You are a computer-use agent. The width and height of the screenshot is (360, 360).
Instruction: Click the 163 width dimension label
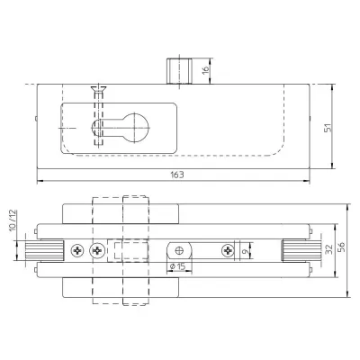pyautogui.click(x=177, y=175)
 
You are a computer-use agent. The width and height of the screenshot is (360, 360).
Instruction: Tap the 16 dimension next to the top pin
pyautogui.click(x=205, y=69)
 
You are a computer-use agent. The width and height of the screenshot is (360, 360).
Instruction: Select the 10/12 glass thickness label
pyautogui.click(x=13, y=220)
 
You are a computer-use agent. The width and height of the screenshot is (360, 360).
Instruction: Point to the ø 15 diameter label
pyautogui.click(x=177, y=266)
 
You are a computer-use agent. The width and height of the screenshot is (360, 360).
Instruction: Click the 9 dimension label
pyautogui.click(x=246, y=252)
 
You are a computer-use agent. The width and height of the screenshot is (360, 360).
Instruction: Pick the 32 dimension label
pyautogui.click(x=329, y=249)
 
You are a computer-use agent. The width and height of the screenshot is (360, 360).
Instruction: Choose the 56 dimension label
pyautogui.click(x=342, y=247)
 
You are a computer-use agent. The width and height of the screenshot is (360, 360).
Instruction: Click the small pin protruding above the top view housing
pyautogui.click(x=179, y=72)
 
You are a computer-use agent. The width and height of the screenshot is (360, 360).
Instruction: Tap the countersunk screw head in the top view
pyautogui.click(x=99, y=89)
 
